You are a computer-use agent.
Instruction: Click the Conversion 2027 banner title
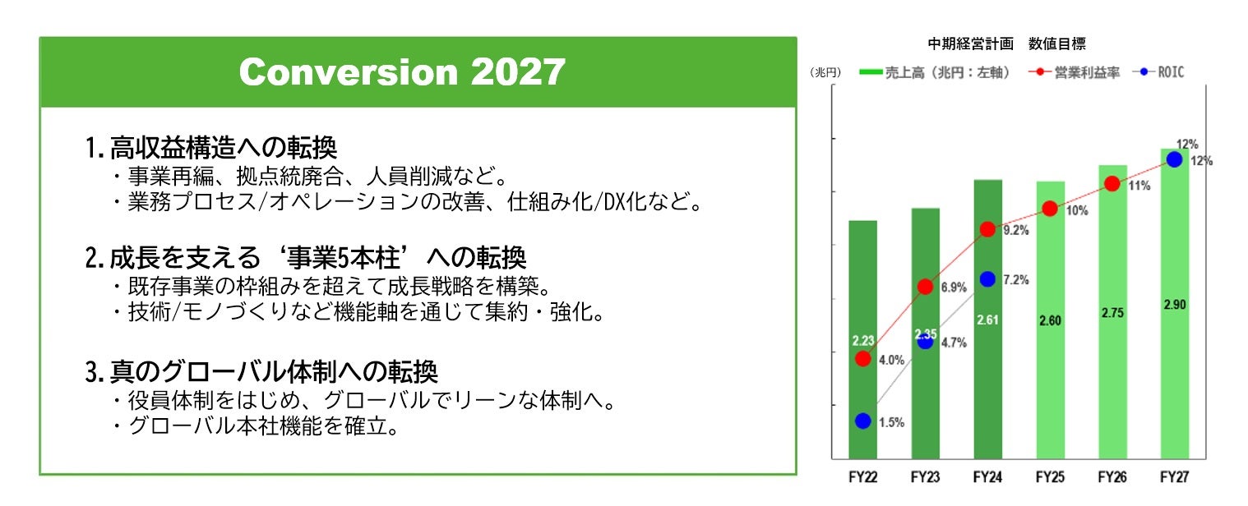tap(402, 71)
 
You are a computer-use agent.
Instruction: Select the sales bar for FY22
tap(863, 339)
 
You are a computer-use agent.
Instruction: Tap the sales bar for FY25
tap(1050, 320)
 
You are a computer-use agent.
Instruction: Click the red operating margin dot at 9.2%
tap(988, 229)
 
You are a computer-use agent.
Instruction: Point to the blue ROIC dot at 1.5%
tap(863, 421)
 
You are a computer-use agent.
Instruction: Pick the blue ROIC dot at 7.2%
tap(988, 279)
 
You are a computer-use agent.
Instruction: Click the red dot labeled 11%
tap(1112, 184)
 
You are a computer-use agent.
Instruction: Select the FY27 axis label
tap(1175, 477)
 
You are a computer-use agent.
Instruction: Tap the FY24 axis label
tap(987, 477)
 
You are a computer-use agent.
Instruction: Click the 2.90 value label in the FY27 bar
tap(1175, 305)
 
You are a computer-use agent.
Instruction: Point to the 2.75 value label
tap(1112, 313)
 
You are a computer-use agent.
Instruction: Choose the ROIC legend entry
tap(1159, 71)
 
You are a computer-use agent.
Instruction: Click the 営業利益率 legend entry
tap(1075, 72)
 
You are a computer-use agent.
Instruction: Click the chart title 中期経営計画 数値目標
tap(1007, 44)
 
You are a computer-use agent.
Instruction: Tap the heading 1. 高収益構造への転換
tap(211, 148)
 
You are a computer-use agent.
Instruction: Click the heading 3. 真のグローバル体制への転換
tap(261, 372)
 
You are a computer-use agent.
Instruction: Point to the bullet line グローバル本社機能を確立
tap(257, 425)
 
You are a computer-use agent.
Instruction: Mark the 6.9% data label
tap(954, 287)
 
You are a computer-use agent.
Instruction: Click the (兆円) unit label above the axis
tap(825, 72)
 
